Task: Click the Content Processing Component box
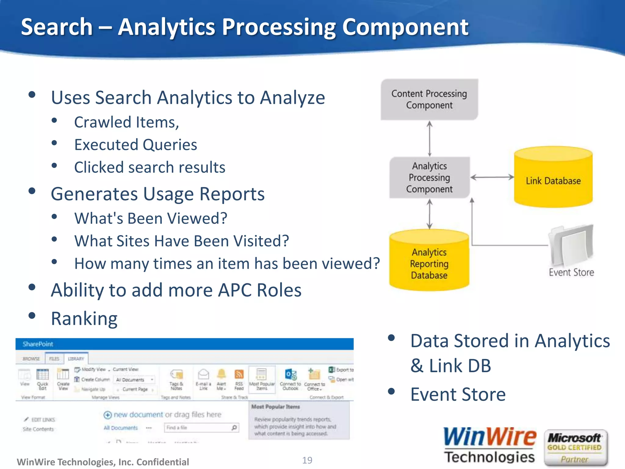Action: [429, 99]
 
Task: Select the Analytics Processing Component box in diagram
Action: [429, 177]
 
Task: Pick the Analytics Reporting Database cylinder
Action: [429, 263]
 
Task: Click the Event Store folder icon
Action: [571, 246]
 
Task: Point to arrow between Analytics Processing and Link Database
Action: [492, 177]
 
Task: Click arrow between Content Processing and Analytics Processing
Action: [429, 139]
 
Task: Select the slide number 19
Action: [307, 460]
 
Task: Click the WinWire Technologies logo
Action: [490, 445]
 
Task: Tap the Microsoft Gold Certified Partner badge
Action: [575, 448]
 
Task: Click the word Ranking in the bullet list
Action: [84, 318]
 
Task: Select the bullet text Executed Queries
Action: [136, 145]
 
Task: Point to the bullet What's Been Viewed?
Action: [151, 218]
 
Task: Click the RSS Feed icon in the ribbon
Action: [239, 375]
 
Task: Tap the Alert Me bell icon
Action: [221, 374]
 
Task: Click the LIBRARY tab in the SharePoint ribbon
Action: [76, 358]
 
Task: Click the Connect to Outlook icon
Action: [290, 375]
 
